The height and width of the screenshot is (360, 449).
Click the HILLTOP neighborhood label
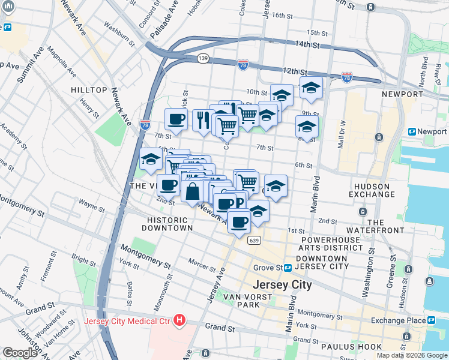(88, 89)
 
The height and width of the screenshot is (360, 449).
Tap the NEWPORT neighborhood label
(402, 94)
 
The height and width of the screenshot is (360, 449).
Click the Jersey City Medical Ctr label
(128, 320)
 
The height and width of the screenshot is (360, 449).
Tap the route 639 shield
(254, 241)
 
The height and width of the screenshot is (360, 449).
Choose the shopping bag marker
(193, 193)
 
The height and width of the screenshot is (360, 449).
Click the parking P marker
(239, 203)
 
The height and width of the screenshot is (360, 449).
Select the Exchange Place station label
(398, 320)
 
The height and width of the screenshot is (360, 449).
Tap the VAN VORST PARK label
(241, 301)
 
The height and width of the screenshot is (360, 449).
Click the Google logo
(20, 353)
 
